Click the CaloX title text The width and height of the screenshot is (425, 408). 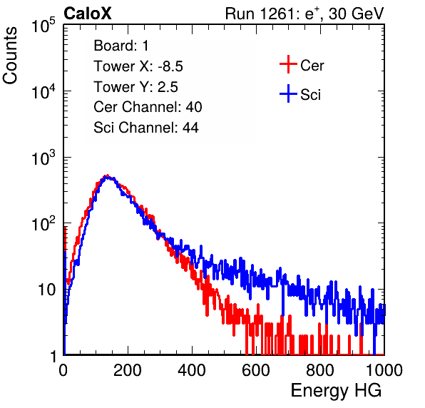point(88,14)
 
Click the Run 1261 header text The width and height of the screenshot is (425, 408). point(304,14)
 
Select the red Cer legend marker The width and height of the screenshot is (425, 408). point(288,64)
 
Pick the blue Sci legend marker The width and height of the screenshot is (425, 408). point(288,93)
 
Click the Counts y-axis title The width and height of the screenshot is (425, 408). point(10,55)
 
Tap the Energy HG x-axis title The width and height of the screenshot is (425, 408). point(336,391)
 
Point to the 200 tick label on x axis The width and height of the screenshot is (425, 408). point(128,369)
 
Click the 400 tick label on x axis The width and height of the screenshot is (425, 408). point(192,369)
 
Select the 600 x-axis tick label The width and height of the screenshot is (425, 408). point(256,369)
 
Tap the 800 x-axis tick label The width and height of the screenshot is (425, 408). point(320,369)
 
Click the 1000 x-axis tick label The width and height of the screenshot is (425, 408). point(384,369)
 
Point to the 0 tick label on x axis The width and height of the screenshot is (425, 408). point(63,369)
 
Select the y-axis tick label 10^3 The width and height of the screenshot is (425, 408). point(43,158)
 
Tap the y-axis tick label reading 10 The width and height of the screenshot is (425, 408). point(47,290)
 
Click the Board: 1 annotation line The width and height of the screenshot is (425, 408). point(121,46)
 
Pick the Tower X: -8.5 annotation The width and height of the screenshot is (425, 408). point(138,66)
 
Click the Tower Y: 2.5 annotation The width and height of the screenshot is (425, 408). point(135,87)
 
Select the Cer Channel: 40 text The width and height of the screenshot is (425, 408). point(148,107)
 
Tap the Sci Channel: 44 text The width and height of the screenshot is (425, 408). point(146,128)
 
